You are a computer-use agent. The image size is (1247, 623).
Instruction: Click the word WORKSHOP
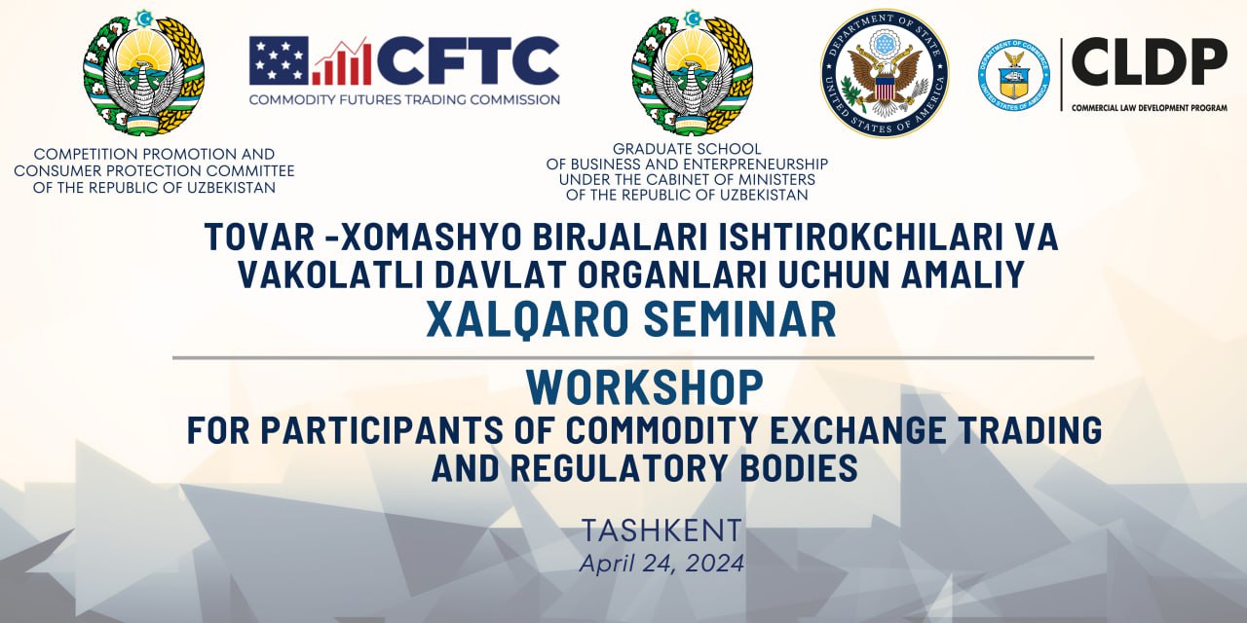point(645,387)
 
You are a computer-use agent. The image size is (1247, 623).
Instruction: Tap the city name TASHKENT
point(661,531)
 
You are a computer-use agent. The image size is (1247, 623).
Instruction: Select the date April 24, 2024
point(661,564)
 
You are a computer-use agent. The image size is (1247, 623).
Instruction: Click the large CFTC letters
point(469,60)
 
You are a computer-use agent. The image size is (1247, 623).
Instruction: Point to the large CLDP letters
point(1150,61)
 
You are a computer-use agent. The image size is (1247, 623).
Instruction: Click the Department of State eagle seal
point(885,73)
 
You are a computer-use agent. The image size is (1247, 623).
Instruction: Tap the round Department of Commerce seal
point(1014,75)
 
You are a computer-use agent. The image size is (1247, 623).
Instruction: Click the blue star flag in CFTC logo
point(279,60)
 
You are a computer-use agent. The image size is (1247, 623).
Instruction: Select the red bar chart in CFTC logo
point(342,61)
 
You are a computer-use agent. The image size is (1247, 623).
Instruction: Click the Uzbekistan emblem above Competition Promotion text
point(143,73)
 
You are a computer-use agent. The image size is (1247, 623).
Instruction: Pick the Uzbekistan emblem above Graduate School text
point(692,73)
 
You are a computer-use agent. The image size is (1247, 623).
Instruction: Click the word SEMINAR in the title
point(739,319)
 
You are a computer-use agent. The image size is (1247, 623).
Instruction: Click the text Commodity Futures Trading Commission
point(404,100)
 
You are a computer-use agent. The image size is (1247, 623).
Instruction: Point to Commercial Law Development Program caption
point(1150,108)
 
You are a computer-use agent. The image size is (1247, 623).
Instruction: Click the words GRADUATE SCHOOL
point(687,149)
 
